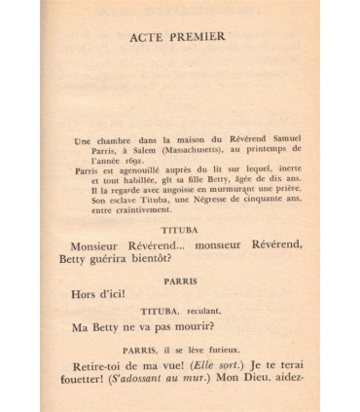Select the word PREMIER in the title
click(198, 37)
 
